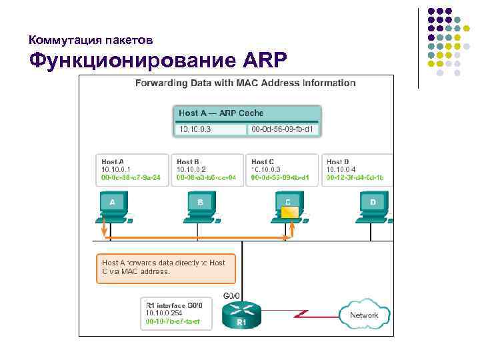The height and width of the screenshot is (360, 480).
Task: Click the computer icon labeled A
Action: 113,207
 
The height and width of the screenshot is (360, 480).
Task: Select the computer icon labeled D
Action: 373,207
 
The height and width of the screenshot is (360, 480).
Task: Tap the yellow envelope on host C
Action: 289,213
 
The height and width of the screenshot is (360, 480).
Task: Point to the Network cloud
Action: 363,315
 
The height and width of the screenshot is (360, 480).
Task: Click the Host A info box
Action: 131,169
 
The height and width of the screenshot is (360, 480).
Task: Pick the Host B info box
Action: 206,169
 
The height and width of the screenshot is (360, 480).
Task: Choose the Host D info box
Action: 356,169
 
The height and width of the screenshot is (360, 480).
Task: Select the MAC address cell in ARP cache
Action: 283,129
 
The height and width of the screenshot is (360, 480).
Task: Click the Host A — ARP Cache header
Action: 247,113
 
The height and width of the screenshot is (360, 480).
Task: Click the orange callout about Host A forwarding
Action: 165,267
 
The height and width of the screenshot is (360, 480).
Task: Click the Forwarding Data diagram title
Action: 245,83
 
